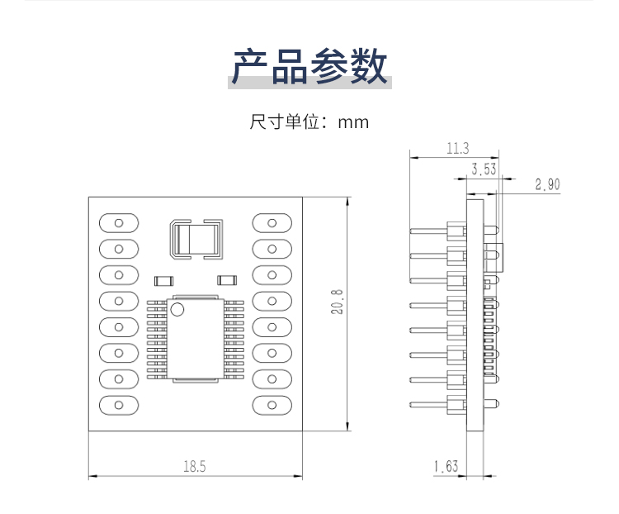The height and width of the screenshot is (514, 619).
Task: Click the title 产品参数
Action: point(309,66)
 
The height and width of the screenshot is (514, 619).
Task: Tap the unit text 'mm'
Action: point(353,122)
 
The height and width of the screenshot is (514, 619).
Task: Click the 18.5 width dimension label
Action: point(195,467)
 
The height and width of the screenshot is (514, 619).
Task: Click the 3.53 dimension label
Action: point(484,170)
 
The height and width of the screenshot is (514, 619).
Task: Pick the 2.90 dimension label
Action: point(547,184)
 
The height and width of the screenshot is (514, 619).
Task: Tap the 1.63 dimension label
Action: point(445,467)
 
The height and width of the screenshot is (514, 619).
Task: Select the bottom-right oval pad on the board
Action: point(272,405)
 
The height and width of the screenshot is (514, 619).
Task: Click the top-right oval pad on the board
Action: point(272,222)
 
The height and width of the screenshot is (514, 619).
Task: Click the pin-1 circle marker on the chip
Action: point(177,310)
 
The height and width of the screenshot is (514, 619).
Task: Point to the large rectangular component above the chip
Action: point(196,240)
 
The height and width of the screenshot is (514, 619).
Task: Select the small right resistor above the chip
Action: point(226,280)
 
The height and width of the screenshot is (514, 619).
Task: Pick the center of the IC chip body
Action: point(196,339)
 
